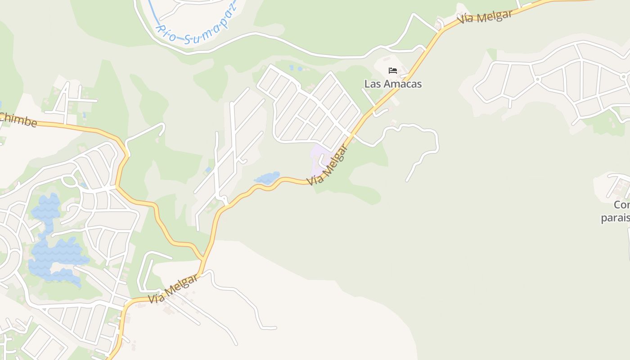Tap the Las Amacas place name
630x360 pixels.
click(x=393, y=84)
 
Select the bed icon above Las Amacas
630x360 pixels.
click(x=393, y=71)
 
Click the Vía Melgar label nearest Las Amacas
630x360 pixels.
click(x=485, y=17)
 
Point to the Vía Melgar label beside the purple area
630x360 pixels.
click(x=328, y=165)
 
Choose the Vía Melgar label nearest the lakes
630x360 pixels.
click(x=173, y=288)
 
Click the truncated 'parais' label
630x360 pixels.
click(x=615, y=218)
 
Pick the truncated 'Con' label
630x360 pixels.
click(x=621, y=205)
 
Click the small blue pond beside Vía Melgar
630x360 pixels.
click(x=267, y=178)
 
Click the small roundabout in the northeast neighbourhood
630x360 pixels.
click(x=537, y=79)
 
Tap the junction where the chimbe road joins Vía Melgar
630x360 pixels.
click(x=202, y=260)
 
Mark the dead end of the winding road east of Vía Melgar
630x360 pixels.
click(x=407, y=180)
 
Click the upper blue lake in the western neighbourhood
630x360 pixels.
click(x=46, y=208)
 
